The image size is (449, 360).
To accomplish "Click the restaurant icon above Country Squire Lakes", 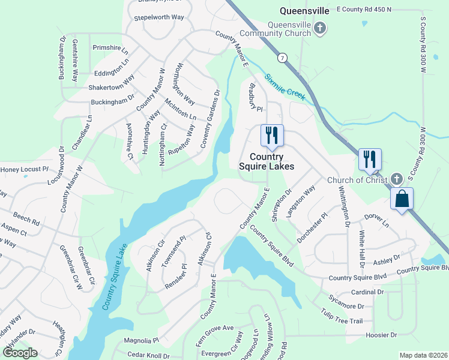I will [x=272, y=135].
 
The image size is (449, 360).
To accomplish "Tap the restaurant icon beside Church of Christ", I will [x=370, y=159].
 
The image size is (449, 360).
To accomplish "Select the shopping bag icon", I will [x=402, y=198].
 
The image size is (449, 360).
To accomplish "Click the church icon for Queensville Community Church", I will [x=321, y=28].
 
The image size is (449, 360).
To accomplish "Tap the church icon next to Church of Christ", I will [x=396, y=179].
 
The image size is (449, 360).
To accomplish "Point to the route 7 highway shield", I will [x=281, y=58].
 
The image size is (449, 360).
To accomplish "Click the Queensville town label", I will [x=305, y=10].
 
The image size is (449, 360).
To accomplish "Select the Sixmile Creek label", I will [x=286, y=87].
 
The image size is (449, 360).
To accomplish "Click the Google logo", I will [x=20, y=353].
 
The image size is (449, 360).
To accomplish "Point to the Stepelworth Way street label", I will [x=159, y=17].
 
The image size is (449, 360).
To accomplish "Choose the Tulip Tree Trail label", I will [x=342, y=314].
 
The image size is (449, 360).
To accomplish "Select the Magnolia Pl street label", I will [x=140, y=340].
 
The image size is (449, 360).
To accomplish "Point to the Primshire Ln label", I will [x=110, y=47].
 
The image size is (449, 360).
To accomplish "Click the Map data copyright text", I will [x=423, y=355].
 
